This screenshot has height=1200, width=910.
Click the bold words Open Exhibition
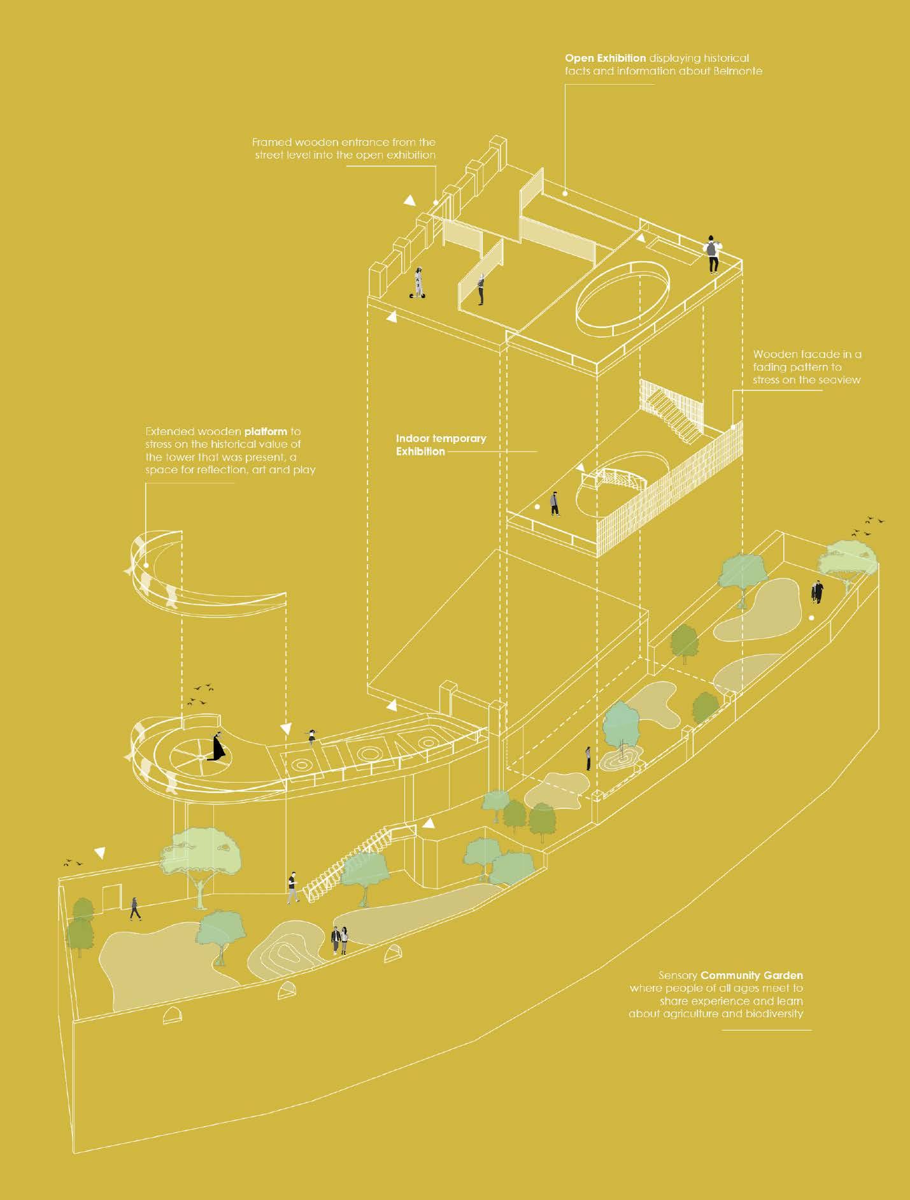click(605, 58)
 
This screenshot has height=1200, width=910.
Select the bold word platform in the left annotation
click(266, 431)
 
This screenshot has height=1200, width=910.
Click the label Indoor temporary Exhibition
click(440, 445)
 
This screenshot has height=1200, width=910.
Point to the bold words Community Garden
click(751, 975)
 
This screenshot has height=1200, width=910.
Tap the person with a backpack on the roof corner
click(713, 253)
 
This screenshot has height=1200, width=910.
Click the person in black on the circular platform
click(218, 746)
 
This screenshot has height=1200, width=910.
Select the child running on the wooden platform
click(311, 736)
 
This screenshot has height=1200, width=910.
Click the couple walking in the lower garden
click(339, 941)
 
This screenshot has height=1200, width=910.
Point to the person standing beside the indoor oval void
click(555, 503)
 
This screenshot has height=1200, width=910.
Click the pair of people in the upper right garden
click(816, 592)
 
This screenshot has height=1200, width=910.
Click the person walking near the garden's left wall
click(135, 908)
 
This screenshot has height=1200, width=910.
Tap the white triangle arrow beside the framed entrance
click(409, 201)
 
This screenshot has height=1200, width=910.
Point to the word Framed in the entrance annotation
click(270, 142)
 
